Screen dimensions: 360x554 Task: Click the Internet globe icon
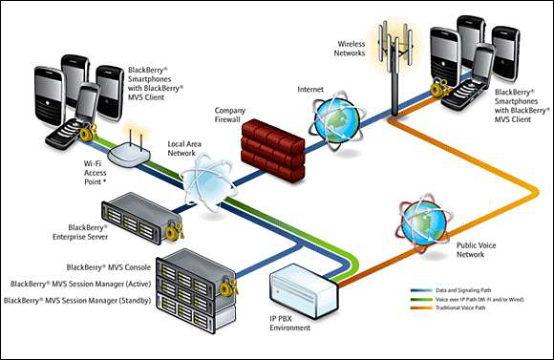coord(336,121)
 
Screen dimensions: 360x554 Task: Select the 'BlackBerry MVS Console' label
coord(105,268)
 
